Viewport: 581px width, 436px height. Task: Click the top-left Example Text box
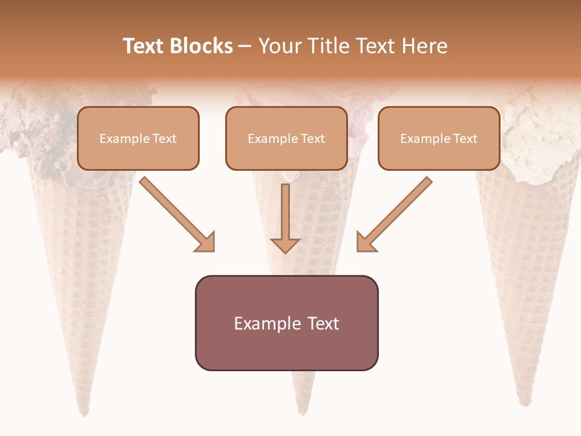tap(138, 139)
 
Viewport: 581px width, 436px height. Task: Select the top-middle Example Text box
tap(286, 139)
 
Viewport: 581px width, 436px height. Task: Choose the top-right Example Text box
tap(439, 139)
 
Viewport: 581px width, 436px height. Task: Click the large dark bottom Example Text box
tap(286, 323)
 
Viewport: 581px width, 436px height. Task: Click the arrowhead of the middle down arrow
tap(285, 245)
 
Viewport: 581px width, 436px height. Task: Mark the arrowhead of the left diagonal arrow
tap(206, 242)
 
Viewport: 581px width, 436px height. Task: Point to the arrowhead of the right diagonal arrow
tap(366, 242)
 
